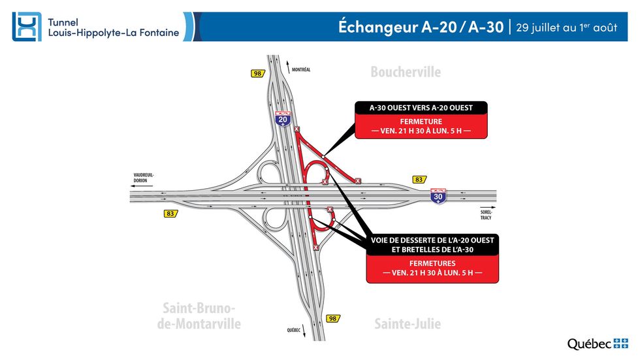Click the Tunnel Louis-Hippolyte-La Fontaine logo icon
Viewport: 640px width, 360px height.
point(27,27)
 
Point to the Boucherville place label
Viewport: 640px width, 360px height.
point(406,72)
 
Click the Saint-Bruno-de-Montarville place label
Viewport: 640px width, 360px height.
point(199,316)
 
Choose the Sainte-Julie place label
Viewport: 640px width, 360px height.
point(408,323)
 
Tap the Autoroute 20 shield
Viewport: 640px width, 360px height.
point(283,118)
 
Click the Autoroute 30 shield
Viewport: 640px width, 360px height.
point(438,197)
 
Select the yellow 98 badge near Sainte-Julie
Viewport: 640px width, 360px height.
point(333,318)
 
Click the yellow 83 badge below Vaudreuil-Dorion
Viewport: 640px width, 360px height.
point(170,214)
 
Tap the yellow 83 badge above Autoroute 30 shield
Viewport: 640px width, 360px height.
point(419,179)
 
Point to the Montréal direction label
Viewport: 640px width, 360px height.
point(300,70)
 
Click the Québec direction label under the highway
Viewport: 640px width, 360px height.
point(293,330)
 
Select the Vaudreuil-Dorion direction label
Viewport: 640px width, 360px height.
point(144,178)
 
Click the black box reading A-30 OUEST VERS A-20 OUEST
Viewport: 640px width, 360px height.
point(421,108)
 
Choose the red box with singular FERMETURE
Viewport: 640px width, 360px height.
point(421,126)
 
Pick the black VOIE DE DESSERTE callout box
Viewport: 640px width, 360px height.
point(432,244)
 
